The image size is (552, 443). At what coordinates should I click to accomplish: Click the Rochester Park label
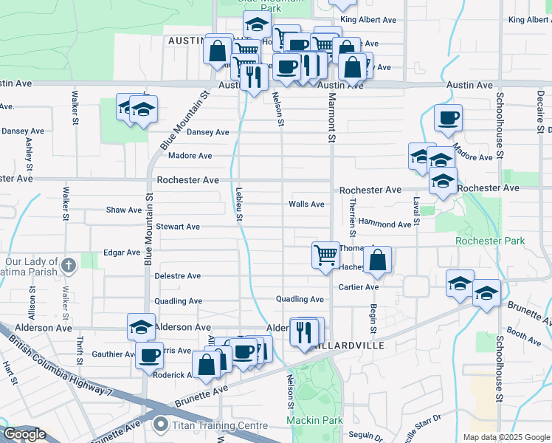click(490, 241)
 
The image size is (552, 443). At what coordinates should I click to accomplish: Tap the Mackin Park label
click(315, 421)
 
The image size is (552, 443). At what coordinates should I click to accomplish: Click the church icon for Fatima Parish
click(69, 265)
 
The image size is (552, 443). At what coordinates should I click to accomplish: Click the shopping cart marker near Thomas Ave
click(325, 255)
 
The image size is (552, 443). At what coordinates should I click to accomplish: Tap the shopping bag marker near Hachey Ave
click(377, 260)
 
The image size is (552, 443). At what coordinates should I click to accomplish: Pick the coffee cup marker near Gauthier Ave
click(149, 355)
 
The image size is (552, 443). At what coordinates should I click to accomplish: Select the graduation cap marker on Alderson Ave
click(140, 326)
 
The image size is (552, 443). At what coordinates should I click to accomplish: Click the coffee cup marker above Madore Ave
click(448, 117)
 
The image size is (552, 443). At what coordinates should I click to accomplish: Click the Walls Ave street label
click(306, 204)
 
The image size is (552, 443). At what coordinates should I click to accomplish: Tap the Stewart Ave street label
click(177, 227)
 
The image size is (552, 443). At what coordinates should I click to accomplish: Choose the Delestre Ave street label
click(177, 276)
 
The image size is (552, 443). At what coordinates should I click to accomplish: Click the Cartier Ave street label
click(359, 287)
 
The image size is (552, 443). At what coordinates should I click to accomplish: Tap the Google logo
click(24, 434)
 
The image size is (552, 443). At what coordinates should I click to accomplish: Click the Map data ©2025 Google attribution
click(506, 437)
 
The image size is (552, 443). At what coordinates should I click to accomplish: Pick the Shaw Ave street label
click(124, 210)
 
